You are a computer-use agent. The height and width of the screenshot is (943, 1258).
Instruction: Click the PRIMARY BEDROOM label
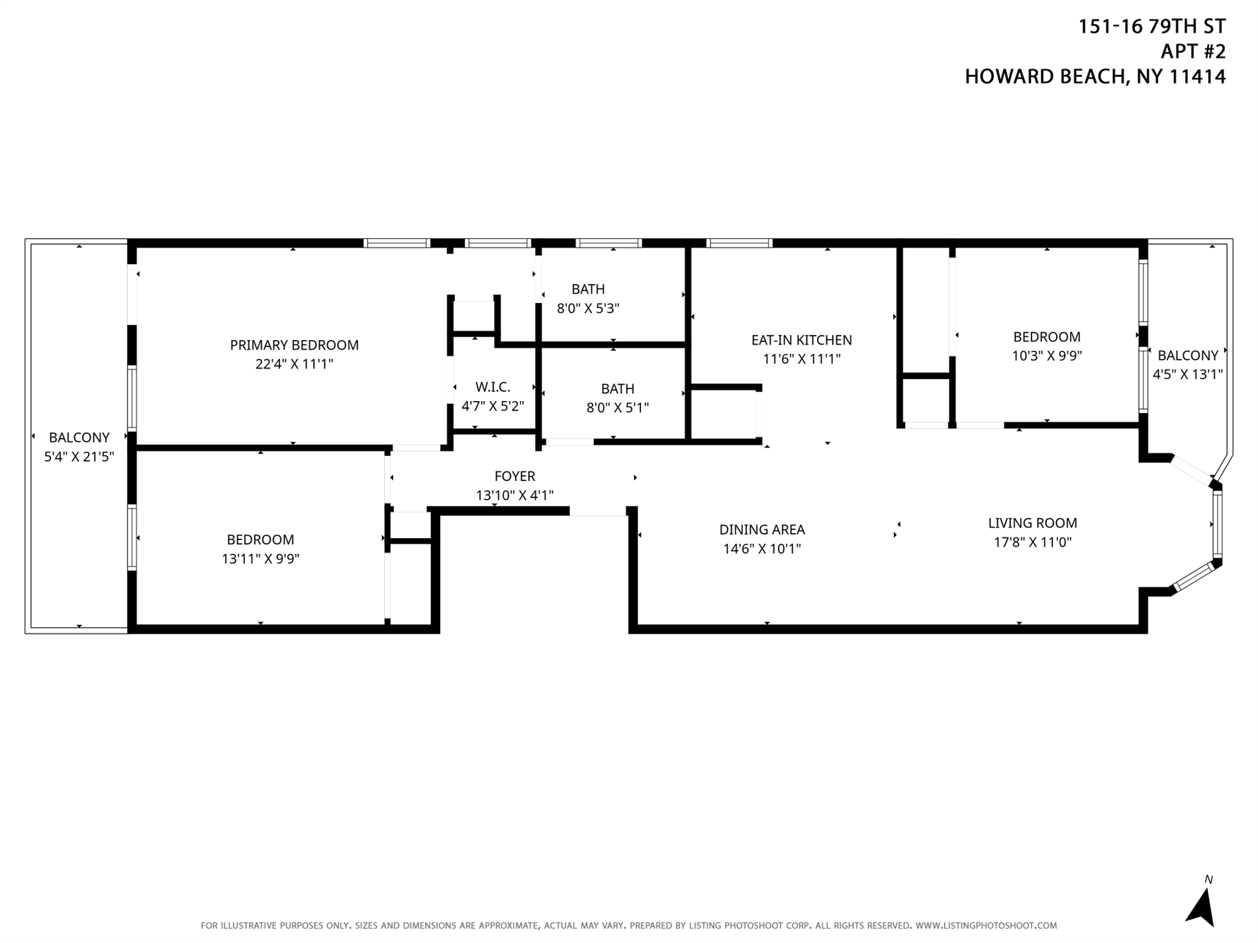point(294,345)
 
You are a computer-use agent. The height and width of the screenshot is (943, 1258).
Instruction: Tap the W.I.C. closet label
point(493,387)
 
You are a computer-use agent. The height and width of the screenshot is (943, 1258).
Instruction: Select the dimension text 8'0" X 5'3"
point(588,308)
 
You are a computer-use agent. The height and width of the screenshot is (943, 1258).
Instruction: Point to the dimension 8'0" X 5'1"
point(617,408)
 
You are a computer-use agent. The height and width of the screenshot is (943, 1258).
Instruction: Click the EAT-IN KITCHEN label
point(801,340)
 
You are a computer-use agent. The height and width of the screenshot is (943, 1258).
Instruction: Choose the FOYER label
point(514,476)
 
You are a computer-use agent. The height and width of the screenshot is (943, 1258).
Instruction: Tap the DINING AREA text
point(762,529)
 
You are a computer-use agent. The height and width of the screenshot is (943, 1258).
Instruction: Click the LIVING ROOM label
point(1032,523)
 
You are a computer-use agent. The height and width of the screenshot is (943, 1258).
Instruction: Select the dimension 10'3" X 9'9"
point(1046,356)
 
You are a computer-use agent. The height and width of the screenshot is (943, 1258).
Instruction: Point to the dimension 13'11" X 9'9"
point(260,559)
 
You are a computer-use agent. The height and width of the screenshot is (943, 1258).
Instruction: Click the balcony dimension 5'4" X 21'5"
point(79,457)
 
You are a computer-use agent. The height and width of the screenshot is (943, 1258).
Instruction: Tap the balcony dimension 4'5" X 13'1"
point(1187,375)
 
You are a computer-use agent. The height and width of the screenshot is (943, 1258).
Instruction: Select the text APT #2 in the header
point(1193,52)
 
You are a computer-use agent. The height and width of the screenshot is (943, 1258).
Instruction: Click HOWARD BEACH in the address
point(1045,77)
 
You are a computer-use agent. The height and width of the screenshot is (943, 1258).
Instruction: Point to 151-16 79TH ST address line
point(1152,26)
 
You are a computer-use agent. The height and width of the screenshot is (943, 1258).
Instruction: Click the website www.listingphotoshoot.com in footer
point(986,926)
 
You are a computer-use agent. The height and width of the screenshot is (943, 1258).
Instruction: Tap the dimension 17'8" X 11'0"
point(1032,543)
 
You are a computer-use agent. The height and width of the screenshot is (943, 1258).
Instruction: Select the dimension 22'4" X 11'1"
point(294,364)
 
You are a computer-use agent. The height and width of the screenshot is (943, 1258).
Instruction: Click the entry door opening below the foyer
point(598,511)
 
